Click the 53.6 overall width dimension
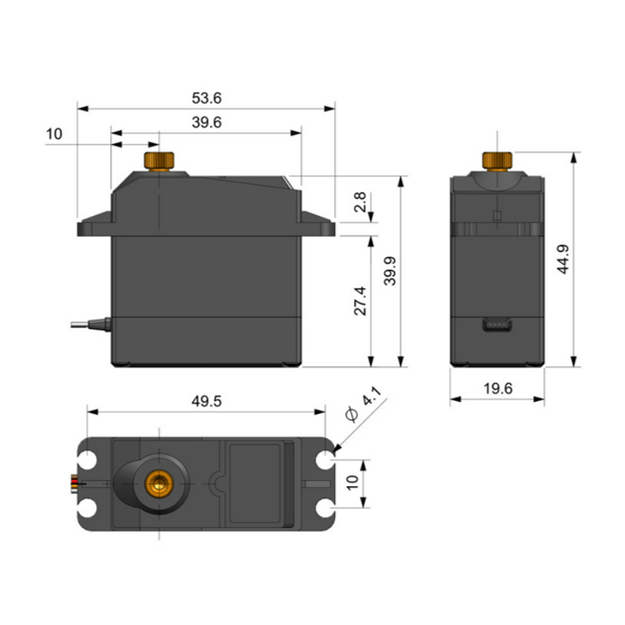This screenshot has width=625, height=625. [206, 98]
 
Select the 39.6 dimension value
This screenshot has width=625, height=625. [206, 122]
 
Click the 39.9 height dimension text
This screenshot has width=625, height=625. [391, 271]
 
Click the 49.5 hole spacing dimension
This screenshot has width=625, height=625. [206, 400]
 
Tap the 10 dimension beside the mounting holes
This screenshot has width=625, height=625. [352, 482]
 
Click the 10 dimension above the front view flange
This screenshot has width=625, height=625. [54, 134]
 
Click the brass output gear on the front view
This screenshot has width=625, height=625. [160, 161]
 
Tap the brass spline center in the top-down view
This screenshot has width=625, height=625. [159, 481]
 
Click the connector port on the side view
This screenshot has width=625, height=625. [497, 326]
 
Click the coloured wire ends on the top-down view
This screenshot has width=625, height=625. [76, 482]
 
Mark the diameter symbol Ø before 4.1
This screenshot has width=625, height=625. [352, 415]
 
